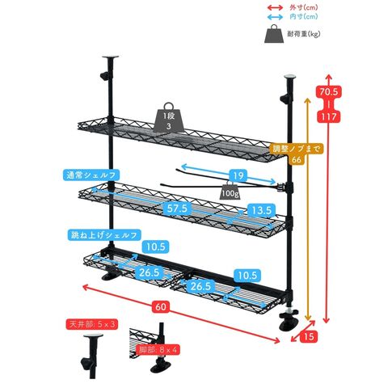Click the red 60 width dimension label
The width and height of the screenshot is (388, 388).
pyautogui.click(x=161, y=307)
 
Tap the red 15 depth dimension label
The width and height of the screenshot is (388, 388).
pyautogui.click(x=309, y=336)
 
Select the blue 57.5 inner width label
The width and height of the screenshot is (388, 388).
pyautogui.click(x=177, y=209)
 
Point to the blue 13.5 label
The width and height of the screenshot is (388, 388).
pyautogui.click(x=261, y=210)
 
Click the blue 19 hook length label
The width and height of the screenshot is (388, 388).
pyautogui.click(x=238, y=175)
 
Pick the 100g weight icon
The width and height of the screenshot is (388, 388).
pyautogui.click(x=230, y=190)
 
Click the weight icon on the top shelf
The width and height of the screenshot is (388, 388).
pyautogui.click(x=169, y=117)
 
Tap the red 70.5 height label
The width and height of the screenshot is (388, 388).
pyautogui.click(x=329, y=92)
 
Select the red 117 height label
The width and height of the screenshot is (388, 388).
pyautogui.click(x=329, y=116)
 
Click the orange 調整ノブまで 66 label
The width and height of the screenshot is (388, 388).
pyautogui.click(x=297, y=154)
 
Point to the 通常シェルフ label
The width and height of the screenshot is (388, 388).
pyautogui.click(x=91, y=175)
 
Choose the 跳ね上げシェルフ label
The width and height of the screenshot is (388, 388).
pyautogui.click(x=103, y=235)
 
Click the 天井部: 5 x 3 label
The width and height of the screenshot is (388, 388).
pyautogui.click(x=92, y=324)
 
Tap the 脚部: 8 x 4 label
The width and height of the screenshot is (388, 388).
pyautogui.click(x=158, y=350)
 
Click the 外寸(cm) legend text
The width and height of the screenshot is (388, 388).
pyautogui.click(x=304, y=7)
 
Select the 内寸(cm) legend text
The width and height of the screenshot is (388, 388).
pyautogui.click(x=304, y=17)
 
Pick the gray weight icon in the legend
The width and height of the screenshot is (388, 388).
pyautogui.click(x=274, y=34)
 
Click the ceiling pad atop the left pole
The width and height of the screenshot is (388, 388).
pyautogui.click(x=111, y=57)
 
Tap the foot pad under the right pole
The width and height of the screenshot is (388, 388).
pyautogui.click(x=289, y=325)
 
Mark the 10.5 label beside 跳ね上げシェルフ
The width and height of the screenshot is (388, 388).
pyautogui.click(x=156, y=247)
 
